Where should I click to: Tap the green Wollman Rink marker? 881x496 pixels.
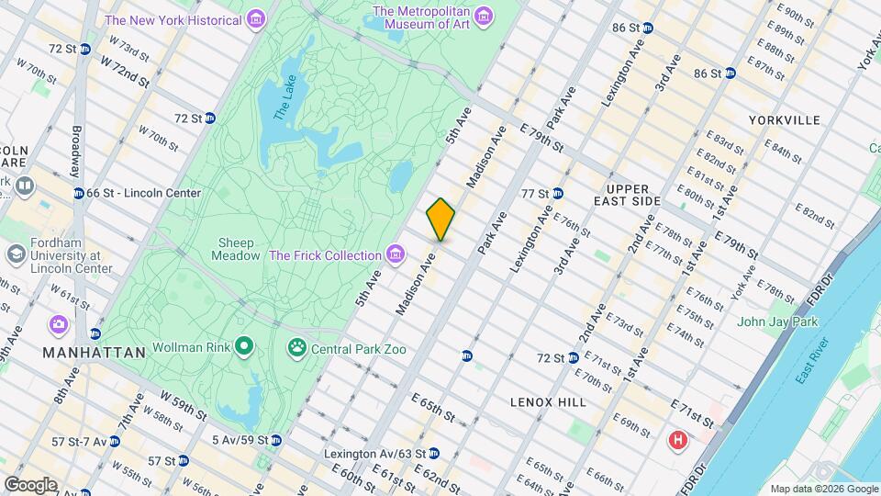pyautogui.click(x=244, y=347)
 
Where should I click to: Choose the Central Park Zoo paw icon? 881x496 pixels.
pyautogui.click(x=297, y=348)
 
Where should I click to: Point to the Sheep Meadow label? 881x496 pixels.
pyautogui.click(x=236, y=250)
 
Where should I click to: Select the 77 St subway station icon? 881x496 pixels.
pyautogui.click(x=557, y=193)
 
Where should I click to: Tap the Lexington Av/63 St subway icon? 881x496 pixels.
pyautogui.click(x=434, y=454)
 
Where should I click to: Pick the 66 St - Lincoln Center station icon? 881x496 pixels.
pyautogui.click(x=78, y=193)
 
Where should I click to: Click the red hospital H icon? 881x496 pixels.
pyautogui.click(x=678, y=441)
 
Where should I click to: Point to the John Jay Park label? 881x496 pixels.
pyautogui.click(x=776, y=321)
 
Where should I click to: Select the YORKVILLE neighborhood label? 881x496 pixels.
pyautogui.click(x=784, y=120)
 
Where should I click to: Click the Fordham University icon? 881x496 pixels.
pyautogui.click(x=16, y=254)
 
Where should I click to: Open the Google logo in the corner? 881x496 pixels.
pyautogui.click(x=30, y=484)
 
